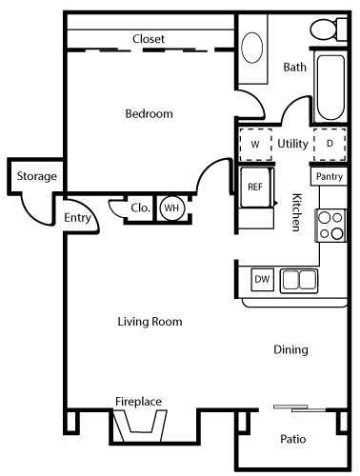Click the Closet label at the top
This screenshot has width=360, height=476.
(x=149, y=39)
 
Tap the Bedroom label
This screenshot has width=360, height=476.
(x=150, y=114)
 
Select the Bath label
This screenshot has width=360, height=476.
(x=295, y=67)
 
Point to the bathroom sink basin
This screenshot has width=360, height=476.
(x=254, y=49)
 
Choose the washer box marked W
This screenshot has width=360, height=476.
(x=254, y=144)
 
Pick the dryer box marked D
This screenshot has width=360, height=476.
(x=330, y=144)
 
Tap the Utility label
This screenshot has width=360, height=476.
(x=291, y=144)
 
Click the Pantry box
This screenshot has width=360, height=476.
(x=329, y=177)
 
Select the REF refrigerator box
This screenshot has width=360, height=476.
(x=254, y=187)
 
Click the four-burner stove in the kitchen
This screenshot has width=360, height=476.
(x=330, y=225)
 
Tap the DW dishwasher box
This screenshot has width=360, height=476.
(x=262, y=280)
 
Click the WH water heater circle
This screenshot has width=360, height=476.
(x=170, y=208)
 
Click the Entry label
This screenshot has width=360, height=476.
(x=77, y=218)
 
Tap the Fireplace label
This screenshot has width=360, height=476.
(x=138, y=401)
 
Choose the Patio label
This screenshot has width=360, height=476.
(x=292, y=439)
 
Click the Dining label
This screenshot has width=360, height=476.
(x=290, y=349)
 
